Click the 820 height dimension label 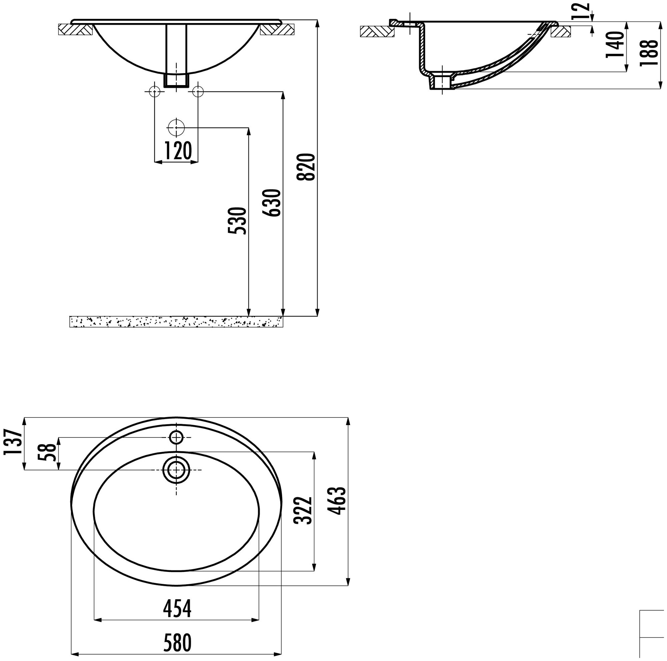pos(306,167)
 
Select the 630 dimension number pos(272,203)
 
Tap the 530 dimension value pos(238,221)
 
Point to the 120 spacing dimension pos(177,151)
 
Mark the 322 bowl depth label pos(303,511)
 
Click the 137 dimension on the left pos(13,442)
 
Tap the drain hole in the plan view pos(176,470)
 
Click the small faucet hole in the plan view pos(176,437)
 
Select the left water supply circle pos(154,91)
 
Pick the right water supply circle pos(198,91)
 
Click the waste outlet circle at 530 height pos(176,128)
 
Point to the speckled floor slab pos(176,322)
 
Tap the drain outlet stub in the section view pos(440,82)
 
